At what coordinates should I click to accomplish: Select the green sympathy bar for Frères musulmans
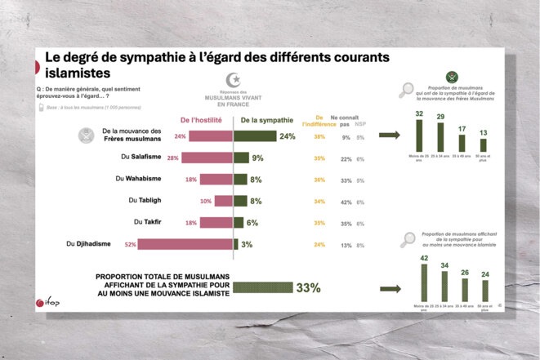pyautogui.click(x=254, y=136)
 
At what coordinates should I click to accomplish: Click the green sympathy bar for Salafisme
pyautogui.click(x=241, y=158)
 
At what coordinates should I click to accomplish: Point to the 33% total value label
pyautogui.click(x=307, y=287)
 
